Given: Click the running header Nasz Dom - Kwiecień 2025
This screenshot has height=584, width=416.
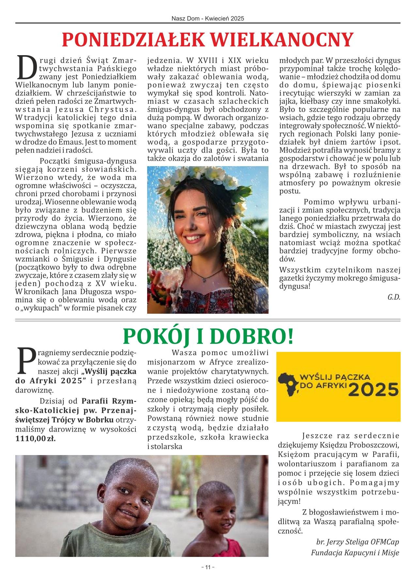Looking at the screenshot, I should [208, 19].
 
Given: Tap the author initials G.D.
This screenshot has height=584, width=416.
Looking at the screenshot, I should [393, 297].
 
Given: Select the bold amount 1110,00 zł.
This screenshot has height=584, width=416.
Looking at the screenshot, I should [36, 438].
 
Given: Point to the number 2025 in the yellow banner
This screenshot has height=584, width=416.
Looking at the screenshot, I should [374, 389].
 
